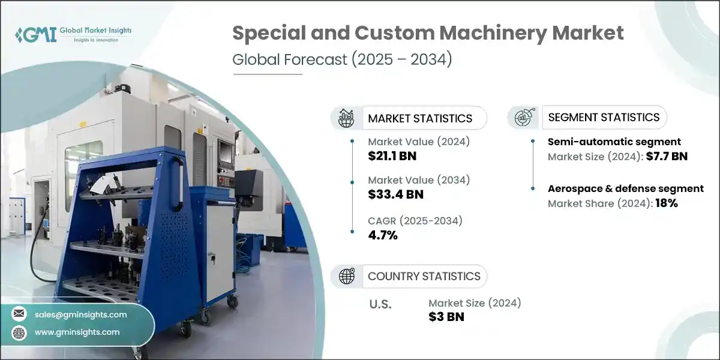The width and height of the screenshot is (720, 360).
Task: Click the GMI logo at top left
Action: [x=72, y=34]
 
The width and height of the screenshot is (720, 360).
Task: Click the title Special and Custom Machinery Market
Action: [x=428, y=33]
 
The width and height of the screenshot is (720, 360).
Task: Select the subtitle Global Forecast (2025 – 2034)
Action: [x=341, y=61]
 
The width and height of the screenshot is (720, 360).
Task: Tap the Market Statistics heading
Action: [x=420, y=118]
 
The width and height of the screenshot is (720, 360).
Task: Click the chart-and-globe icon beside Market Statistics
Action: [x=346, y=118]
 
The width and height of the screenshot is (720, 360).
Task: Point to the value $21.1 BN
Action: [x=392, y=157]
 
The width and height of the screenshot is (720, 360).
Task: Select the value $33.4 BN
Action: [x=395, y=194]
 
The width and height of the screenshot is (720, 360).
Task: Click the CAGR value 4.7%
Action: [x=383, y=235]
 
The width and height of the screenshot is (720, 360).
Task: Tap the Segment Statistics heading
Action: [x=604, y=117]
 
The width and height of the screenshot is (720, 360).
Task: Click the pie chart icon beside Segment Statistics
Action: [x=523, y=118]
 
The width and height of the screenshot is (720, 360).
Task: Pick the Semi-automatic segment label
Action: [x=614, y=142]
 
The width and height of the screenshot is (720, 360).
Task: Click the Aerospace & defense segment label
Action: [x=626, y=188]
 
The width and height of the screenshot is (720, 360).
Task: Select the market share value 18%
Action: [x=667, y=203]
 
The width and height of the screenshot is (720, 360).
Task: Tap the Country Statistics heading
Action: [x=424, y=276]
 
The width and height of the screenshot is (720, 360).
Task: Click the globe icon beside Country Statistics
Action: [x=346, y=276]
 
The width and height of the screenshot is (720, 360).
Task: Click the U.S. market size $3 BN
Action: [x=446, y=317]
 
